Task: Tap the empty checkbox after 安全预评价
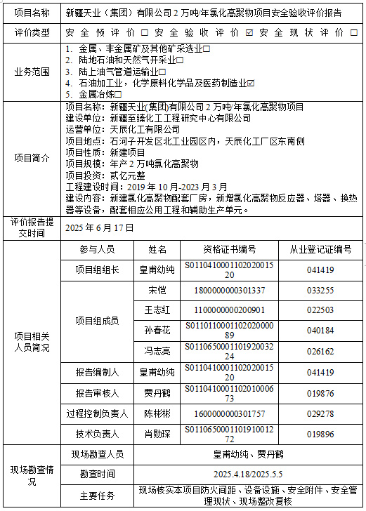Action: [x=144, y=33]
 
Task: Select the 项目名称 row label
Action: [x=32, y=13]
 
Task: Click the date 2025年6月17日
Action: [x=99, y=228]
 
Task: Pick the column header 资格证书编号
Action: [x=229, y=250]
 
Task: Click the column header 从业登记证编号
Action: [x=320, y=250]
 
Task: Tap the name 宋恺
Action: [x=157, y=291]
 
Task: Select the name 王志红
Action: [x=157, y=310]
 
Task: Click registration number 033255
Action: [x=320, y=291]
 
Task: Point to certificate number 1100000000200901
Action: [x=229, y=310]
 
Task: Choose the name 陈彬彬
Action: [x=157, y=413]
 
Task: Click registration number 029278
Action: [x=320, y=413]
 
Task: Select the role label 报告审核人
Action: [x=97, y=393]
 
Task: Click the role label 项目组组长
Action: [x=97, y=270]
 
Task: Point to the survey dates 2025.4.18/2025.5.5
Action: [x=249, y=474]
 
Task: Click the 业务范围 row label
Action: [x=32, y=72]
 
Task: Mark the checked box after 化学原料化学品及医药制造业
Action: [x=251, y=83]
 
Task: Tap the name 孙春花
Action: [x=157, y=331]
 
